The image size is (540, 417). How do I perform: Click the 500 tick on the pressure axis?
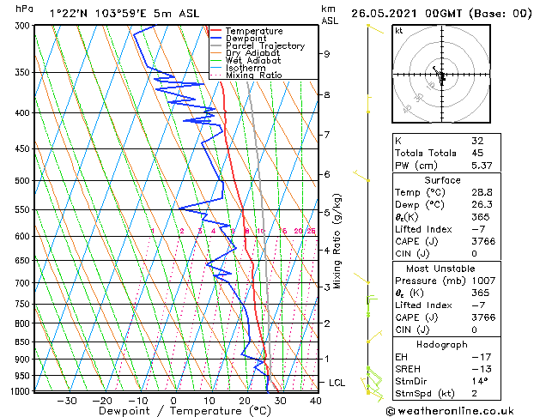pyautogui.click(x=24, y=181)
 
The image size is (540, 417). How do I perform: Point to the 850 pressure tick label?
pyautogui.click(x=24, y=342)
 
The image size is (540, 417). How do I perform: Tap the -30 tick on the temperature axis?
pyautogui.click(x=67, y=400)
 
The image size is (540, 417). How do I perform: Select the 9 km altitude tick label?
pyautogui.click(x=327, y=53)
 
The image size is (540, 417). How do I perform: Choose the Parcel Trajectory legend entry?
pyautogui.click(x=264, y=46)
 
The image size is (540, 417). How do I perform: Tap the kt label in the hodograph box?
pyautogui.click(x=399, y=31)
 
